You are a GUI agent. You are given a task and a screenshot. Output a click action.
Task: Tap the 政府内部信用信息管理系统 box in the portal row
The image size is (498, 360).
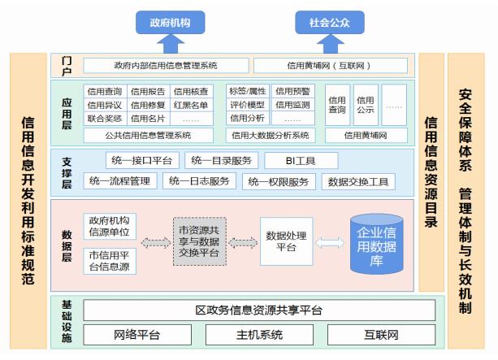point(166,65)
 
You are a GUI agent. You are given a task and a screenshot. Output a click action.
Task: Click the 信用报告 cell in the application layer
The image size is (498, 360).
point(148,91)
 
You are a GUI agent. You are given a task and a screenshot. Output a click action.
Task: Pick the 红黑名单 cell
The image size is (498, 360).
point(190,105)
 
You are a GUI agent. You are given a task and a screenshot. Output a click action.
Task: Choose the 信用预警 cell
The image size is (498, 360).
point(291,91)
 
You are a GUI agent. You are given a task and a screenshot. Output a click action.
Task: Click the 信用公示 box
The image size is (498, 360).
point(366,104)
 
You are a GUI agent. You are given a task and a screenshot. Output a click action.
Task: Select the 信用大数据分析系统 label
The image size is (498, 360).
point(270,135)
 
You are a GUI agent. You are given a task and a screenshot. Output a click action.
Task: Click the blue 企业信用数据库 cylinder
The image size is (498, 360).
point(379,243)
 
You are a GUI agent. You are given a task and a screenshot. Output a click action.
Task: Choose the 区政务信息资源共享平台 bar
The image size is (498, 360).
point(259,310)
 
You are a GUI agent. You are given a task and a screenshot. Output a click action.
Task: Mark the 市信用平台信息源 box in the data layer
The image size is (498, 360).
point(109,261)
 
